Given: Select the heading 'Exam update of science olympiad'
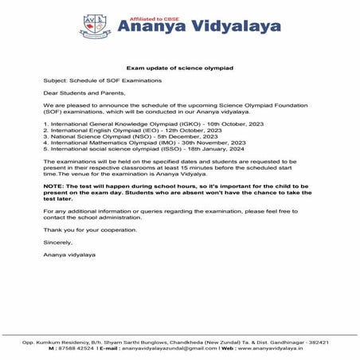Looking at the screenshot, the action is point(179,69).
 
